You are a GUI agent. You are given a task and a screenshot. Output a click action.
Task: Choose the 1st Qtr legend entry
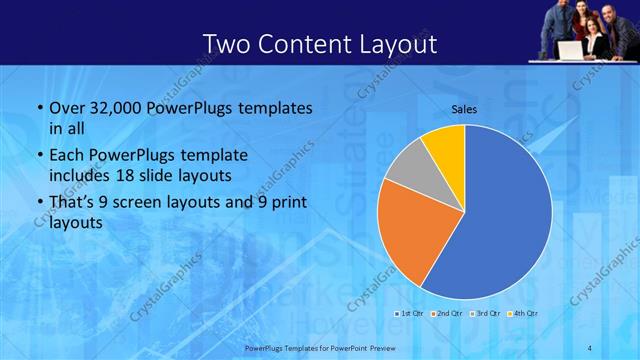point(409,314)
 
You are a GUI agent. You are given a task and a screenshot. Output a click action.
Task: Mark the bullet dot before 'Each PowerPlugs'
point(39,156)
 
